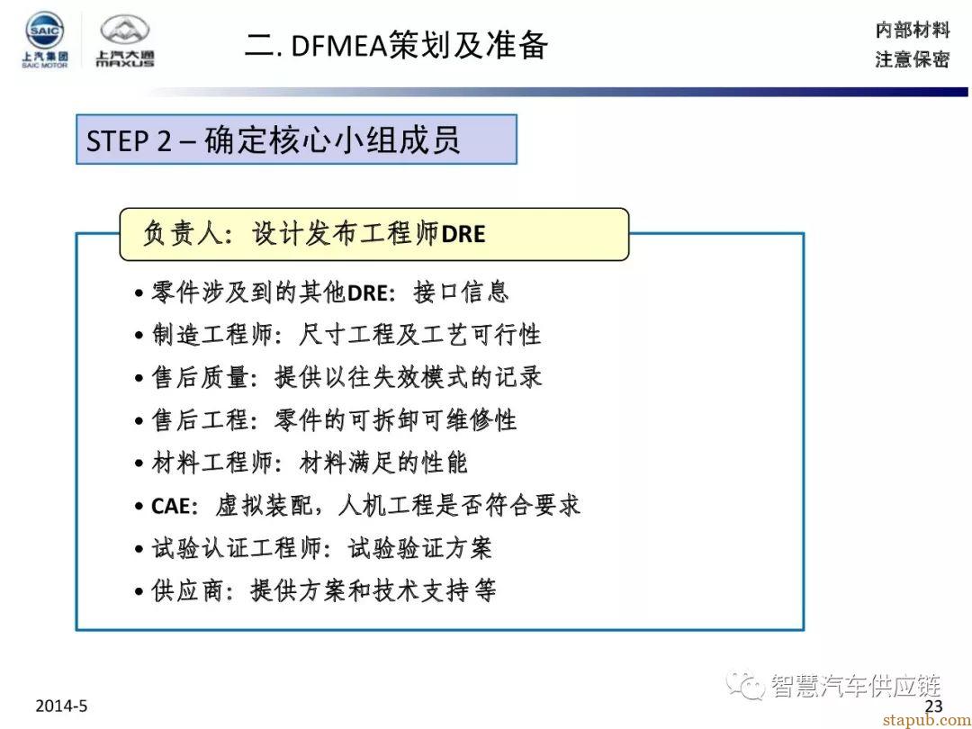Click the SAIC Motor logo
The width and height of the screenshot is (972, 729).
click(x=44, y=40)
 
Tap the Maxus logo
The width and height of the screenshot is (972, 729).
click(x=124, y=40)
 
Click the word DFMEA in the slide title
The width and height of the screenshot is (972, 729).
click(x=338, y=47)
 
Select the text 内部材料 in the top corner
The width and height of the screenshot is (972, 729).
click(x=912, y=29)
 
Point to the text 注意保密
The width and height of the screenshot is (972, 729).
click(x=912, y=59)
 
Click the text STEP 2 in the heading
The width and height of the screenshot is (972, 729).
click(x=129, y=140)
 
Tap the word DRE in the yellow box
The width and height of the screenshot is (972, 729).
click(x=463, y=234)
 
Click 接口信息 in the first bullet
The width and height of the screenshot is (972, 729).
click(x=461, y=292)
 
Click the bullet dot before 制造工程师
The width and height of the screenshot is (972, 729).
click(x=139, y=337)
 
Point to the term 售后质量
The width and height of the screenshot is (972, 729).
click(x=200, y=377)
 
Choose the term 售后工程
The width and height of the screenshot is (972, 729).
click(x=200, y=420)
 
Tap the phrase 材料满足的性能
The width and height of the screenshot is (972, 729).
click(x=382, y=463)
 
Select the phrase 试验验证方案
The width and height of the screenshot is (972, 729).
click(x=419, y=549)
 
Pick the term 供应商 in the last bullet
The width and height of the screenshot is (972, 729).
click(x=187, y=590)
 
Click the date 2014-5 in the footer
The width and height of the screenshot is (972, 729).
click(x=61, y=706)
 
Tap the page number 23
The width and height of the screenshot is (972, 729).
click(x=933, y=706)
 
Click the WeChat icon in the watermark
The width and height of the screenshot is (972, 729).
click(x=745, y=686)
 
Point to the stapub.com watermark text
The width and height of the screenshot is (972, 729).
click(x=926, y=720)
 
